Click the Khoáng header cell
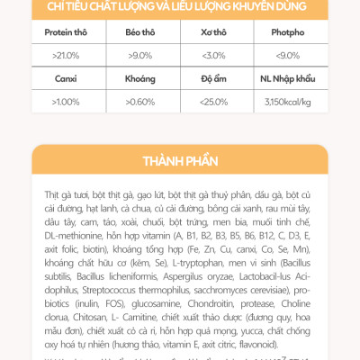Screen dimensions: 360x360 (x=139, y=77)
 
